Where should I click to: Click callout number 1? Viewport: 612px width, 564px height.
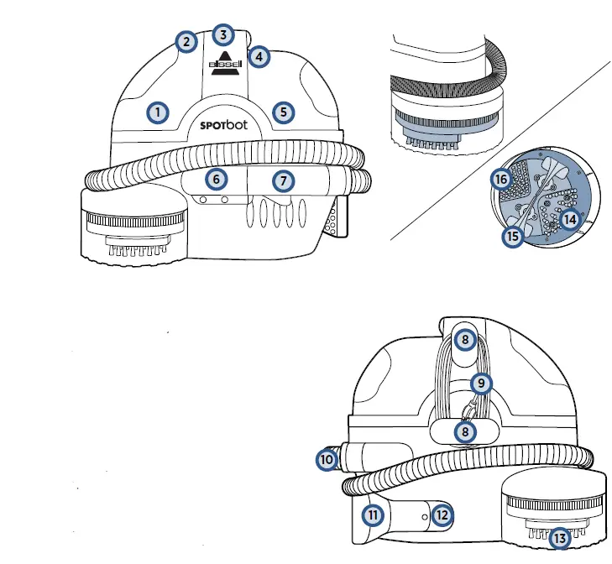(156, 112)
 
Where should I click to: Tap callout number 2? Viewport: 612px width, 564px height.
(186, 41)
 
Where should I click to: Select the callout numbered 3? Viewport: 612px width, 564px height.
(222, 34)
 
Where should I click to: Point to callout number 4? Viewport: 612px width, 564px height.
(259, 57)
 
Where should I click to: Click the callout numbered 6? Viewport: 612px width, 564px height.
(217, 179)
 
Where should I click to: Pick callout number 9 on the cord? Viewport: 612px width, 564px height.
(480, 384)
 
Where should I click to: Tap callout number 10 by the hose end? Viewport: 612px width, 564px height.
(326, 459)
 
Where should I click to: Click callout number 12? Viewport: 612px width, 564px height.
(442, 514)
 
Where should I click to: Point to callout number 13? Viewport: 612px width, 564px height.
(558, 536)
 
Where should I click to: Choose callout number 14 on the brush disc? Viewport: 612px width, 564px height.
(571, 219)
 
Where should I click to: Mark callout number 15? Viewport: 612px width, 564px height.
(512, 237)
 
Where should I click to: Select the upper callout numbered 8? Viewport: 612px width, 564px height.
(465, 340)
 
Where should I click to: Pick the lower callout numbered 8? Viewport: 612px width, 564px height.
(465, 431)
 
